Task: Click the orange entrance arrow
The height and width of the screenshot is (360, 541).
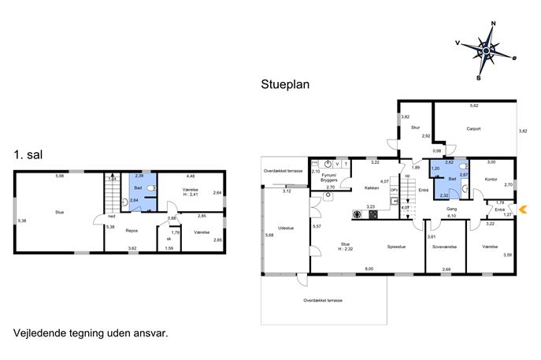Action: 523,210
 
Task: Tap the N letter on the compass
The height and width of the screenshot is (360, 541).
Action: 494,24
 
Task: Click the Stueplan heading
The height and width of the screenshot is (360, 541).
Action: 285,84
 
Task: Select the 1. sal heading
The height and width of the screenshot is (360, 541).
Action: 28,154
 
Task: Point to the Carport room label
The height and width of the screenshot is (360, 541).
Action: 473,128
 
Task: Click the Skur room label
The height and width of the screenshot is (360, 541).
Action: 416,128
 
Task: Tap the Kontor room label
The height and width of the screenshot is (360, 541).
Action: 491,180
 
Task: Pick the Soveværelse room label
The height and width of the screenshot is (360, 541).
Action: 444,247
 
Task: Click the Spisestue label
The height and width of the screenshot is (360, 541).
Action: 396,247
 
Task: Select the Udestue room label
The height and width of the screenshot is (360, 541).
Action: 286,228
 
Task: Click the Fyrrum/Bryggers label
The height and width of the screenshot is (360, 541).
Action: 329,177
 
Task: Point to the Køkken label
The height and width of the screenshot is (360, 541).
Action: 372,188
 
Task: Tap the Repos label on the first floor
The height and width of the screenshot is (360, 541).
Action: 132,231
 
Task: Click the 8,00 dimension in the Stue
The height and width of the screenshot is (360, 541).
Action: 369,269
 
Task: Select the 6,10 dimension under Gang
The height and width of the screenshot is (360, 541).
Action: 452,216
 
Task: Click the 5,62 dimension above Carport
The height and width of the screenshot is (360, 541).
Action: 474,106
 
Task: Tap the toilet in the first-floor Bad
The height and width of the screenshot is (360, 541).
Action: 151,188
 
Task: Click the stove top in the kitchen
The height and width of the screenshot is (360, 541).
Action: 373,215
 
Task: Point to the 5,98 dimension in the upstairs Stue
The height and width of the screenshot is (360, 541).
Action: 60,176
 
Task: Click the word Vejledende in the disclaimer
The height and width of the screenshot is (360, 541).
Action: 39,333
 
